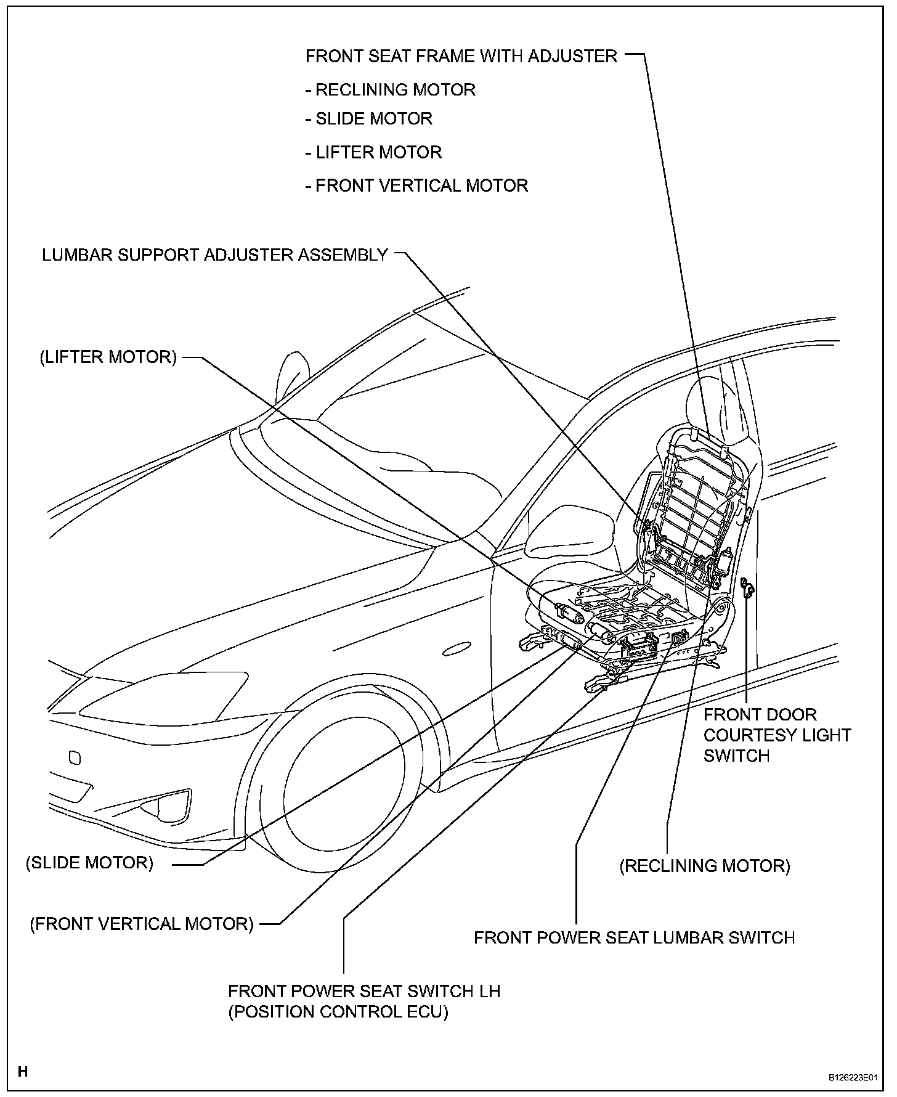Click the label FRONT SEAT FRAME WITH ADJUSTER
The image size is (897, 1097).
tap(461, 56)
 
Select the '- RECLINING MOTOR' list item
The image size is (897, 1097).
tap(391, 90)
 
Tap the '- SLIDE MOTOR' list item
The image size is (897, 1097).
tap(369, 118)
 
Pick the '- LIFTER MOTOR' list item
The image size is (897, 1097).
tap(374, 152)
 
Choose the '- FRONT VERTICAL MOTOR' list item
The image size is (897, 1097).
tap(417, 186)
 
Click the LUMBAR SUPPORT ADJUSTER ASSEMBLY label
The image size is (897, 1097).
tap(215, 255)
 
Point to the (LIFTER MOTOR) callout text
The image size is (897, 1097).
tap(108, 357)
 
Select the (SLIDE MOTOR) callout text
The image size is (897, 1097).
tap(89, 862)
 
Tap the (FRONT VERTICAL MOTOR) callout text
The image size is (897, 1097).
tap(142, 924)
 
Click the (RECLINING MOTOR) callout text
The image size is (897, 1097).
tap(705, 866)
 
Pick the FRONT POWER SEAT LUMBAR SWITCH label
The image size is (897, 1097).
tap(634, 937)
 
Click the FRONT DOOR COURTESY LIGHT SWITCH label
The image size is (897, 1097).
tap(777, 735)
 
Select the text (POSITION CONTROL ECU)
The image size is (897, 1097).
tap(338, 1011)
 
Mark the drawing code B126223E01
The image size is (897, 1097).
tap(851, 1077)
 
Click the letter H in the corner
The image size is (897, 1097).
tap(23, 1072)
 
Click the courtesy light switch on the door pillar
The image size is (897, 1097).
tap(747, 587)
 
